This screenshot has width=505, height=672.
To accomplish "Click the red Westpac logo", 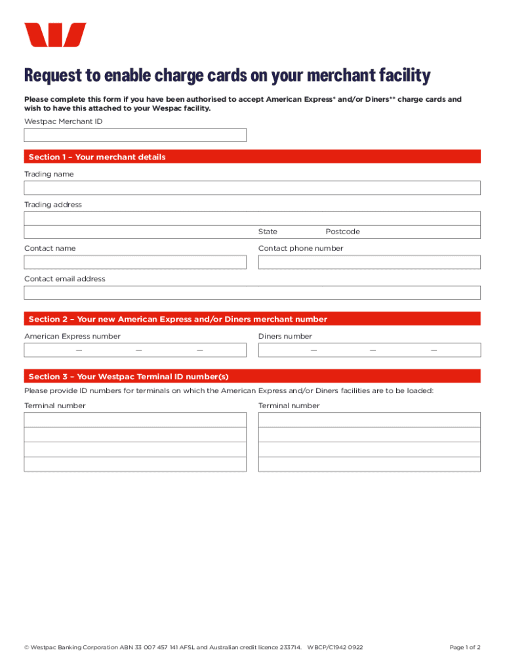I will [x=55, y=35].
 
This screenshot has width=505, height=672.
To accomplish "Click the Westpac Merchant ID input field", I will [x=135, y=135].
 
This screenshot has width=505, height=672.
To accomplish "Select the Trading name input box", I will [x=252, y=188].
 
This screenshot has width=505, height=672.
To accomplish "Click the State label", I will [x=268, y=232].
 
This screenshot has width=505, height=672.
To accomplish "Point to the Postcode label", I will [x=342, y=232].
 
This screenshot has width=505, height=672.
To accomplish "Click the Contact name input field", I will [x=135, y=262].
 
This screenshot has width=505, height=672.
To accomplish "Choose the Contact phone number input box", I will [x=369, y=262].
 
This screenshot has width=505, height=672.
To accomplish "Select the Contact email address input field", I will [x=252, y=293].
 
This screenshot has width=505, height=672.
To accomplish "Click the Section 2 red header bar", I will [x=252, y=319].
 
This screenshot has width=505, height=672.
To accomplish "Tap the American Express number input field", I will [x=135, y=350].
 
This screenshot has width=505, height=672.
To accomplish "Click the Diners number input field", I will [x=369, y=350].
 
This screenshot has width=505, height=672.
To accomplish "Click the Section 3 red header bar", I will [x=252, y=377].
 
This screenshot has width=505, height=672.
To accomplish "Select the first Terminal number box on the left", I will [x=135, y=420].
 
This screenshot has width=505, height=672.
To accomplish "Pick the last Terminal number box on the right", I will [x=369, y=464].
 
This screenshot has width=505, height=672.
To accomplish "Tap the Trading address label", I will [x=53, y=205].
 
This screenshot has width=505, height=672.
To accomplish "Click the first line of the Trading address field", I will [x=252, y=219].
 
